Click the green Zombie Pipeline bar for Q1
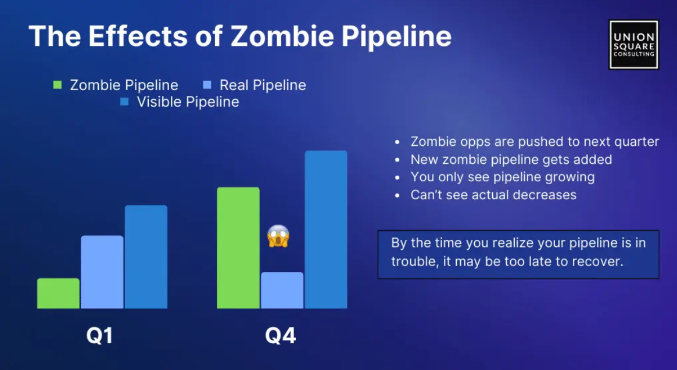(x=58, y=293)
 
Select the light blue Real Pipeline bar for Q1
(x=102, y=272)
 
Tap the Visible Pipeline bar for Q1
(x=146, y=257)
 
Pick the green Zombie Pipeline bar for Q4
(x=238, y=247)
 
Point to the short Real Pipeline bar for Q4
(x=282, y=290)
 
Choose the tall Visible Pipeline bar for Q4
(x=326, y=229)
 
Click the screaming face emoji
(x=278, y=236)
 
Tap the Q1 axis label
(x=99, y=336)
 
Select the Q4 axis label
(x=281, y=336)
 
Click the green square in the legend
(x=57, y=85)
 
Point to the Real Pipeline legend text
(x=263, y=85)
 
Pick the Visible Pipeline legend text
(x=188, y=102)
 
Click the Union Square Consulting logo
(x=633, y=45)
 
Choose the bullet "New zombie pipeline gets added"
(x=511, y=159)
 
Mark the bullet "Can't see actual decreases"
(x=493, y=195)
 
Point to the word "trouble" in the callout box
(x=414, y=261)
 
